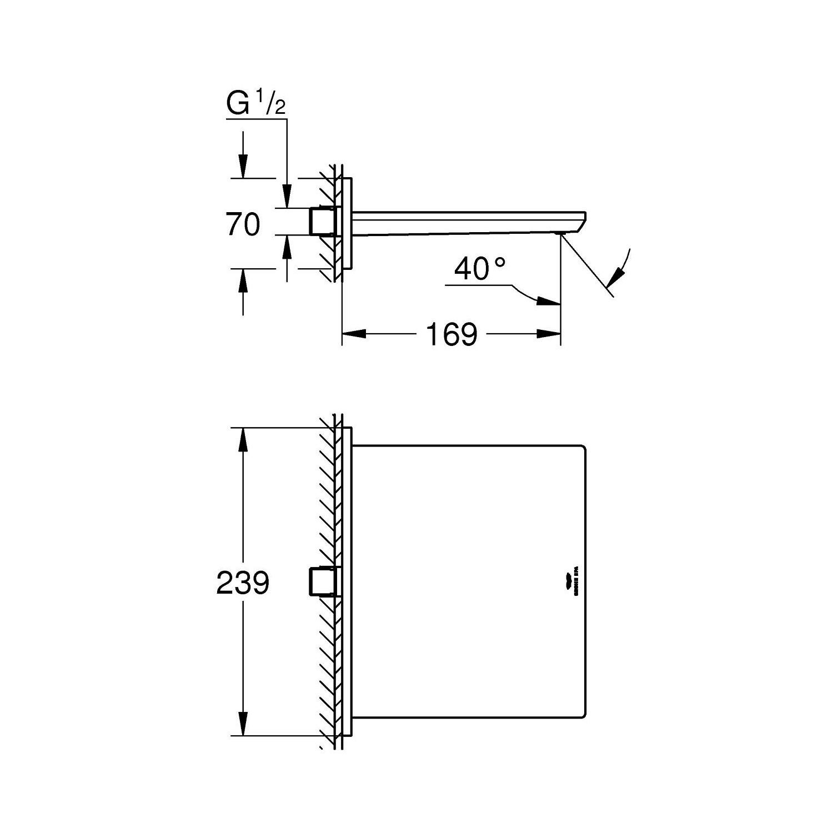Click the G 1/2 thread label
coord(255,103)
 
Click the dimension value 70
coord(243,225)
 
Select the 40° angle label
coord(480,269)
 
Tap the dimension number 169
coord(451,334)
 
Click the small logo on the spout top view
coord(573,584)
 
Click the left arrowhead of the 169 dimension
coord(354,334)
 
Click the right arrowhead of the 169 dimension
coord(548,334)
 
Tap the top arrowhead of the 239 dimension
coord(242,440)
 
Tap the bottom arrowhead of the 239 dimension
coord(242,723)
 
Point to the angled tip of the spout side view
coord(581,222)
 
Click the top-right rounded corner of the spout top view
coord(583,448)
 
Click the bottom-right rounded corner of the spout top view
coord(583,715)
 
